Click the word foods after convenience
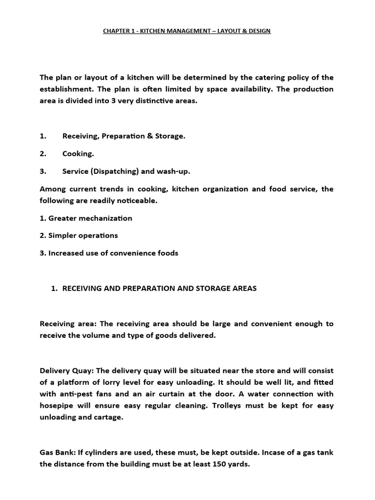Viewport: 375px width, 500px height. [168, 253]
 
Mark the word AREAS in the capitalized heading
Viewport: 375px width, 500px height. [243, 289]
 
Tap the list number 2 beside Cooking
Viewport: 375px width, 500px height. [42, 154]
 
